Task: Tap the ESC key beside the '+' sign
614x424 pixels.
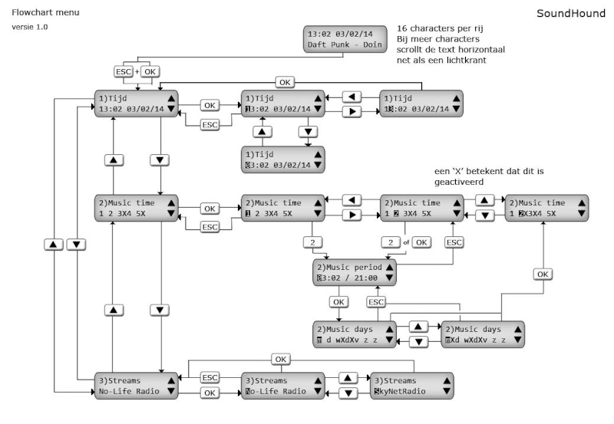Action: pos(123,71)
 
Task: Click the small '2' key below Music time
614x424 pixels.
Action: pos(312,242)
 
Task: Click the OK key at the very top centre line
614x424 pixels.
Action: pos(285,81)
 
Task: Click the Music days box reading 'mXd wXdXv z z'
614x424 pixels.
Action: pos(482,334)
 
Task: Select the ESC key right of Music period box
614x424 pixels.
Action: pos(455,242)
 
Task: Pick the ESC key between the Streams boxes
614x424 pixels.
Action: pos(210,377)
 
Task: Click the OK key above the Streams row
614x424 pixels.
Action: pos(281,359)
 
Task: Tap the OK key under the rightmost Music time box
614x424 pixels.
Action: pos(543,274)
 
